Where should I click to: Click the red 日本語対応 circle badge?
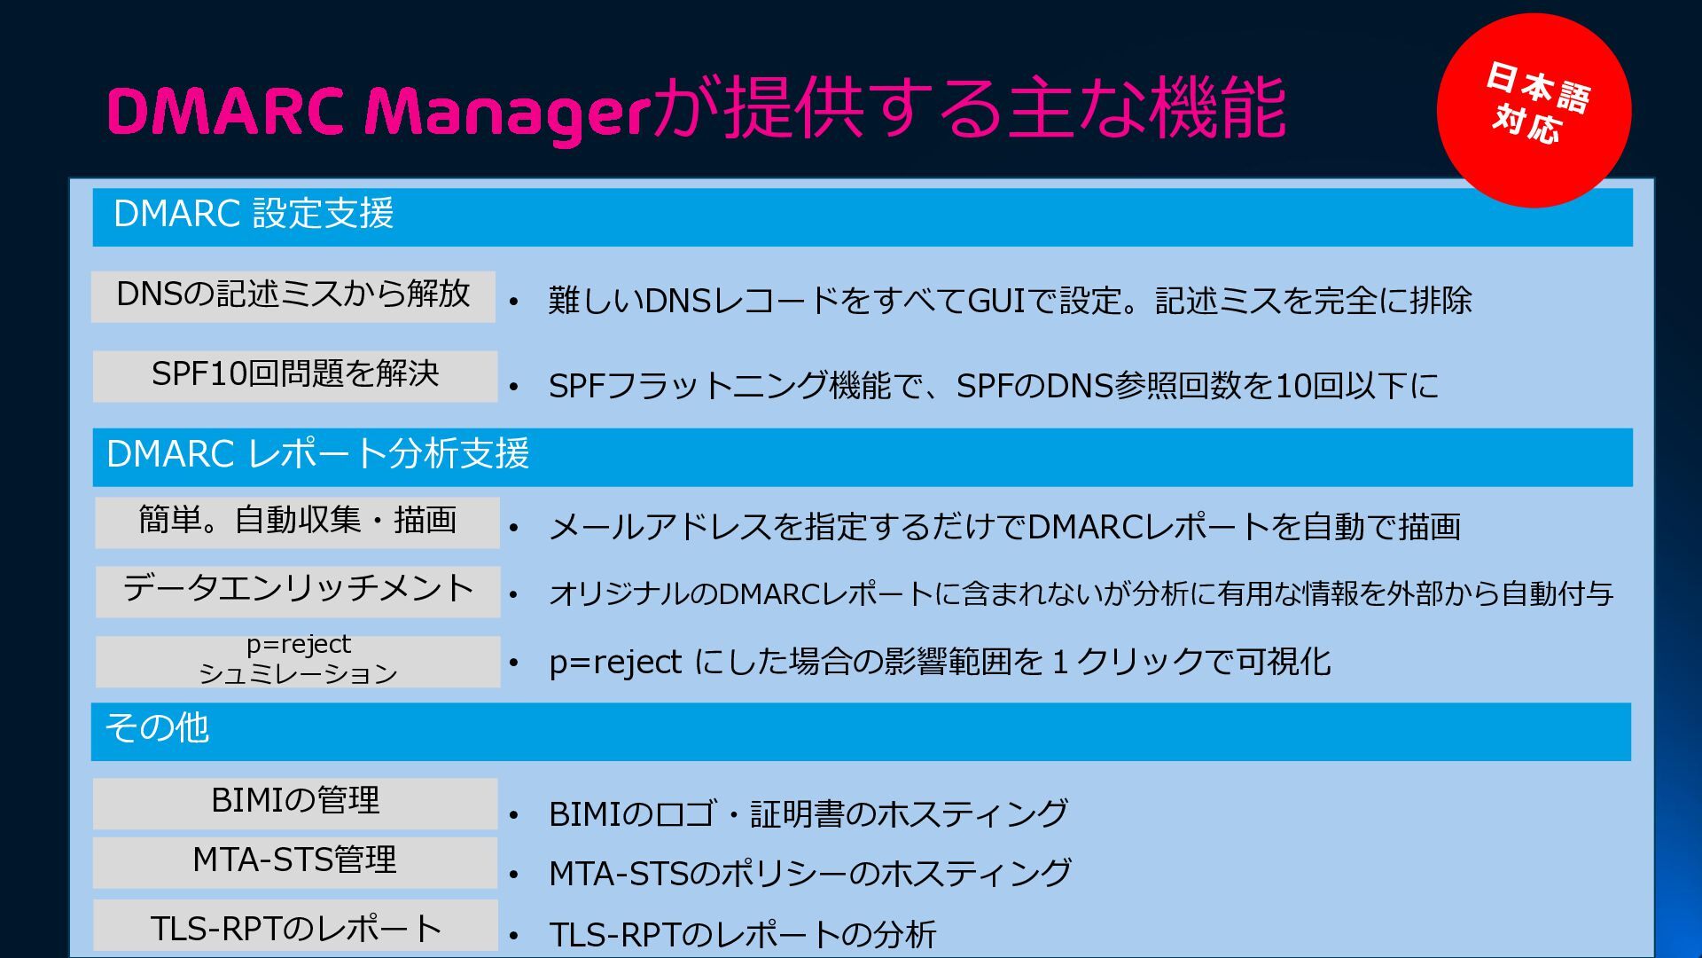coord(1534,110)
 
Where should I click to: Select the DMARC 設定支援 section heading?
coord(254,215)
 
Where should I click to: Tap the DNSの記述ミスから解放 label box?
coord(293,296)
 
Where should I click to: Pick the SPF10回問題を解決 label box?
coord(295,375)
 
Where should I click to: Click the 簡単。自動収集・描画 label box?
coord(297,522)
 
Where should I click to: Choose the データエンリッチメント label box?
coord(298,591)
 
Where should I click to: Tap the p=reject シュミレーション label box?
coord(298,661)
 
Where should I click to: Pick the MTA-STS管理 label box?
coord(295,861)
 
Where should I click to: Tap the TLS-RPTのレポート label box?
coord(295,928)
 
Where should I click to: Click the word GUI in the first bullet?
coord(995,302)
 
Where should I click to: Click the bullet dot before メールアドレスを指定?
coord(514,529)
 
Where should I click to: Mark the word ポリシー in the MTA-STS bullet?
coord(782,874)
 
